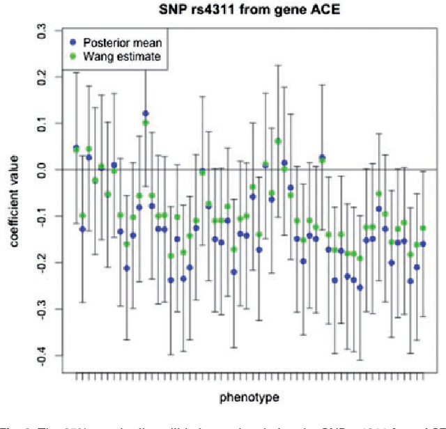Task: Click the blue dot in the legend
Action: [74, 41]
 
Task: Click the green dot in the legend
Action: [74, 56]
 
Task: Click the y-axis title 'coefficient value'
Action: [15, 194]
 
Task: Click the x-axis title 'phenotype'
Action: [250, 397]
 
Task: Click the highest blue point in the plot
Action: [146, 113]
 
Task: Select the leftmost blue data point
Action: [76, 148]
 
